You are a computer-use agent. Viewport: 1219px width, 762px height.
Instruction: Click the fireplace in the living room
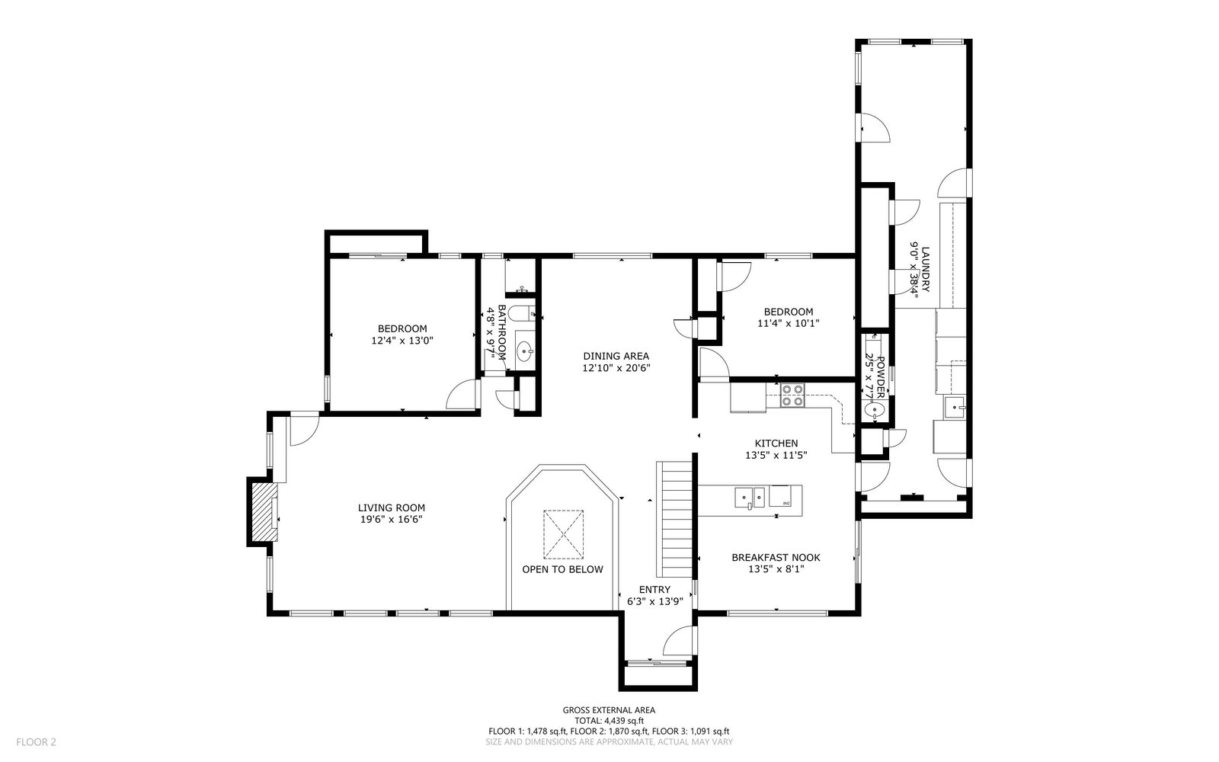(264, 511)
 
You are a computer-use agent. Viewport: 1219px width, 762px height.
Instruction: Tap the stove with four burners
(792, 395)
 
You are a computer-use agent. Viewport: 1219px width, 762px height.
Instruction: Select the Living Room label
(392, 507)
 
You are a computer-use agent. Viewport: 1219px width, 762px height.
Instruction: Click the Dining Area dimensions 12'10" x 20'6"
(616, 368)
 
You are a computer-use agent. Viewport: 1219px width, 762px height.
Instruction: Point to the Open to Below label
(563, 569)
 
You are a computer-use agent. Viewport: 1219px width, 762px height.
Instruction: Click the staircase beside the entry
(674, 519)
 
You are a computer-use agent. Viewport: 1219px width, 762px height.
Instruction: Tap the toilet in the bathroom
(525, 314)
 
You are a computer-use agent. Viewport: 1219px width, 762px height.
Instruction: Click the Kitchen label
(776, 443)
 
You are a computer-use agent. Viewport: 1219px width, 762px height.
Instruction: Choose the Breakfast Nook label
(776, 557)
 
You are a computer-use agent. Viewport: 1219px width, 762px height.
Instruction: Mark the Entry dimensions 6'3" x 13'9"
(654, 601)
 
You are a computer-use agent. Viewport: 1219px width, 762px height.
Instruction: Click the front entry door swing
(680, 641)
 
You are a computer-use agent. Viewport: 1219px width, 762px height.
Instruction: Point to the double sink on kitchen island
(750, 498)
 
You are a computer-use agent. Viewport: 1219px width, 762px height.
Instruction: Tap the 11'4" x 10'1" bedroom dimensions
(789, 323)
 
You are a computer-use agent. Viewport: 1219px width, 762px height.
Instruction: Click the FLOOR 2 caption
(36, 742)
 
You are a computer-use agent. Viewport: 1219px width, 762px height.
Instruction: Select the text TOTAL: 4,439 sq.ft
(609, 721)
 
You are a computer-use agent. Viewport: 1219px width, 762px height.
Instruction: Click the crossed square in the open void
(563, 534)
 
